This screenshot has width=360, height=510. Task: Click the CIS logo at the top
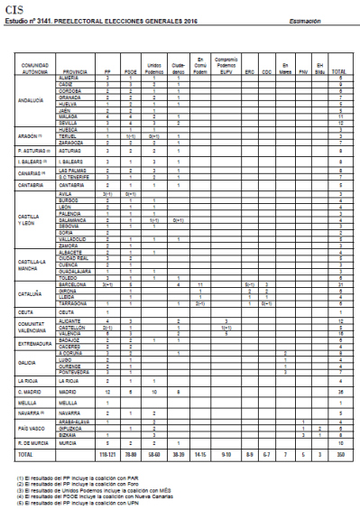(x=14, y=5)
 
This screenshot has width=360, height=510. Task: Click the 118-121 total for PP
(x=106, y=459)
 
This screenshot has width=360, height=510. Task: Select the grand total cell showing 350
(x=339, y=459)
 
